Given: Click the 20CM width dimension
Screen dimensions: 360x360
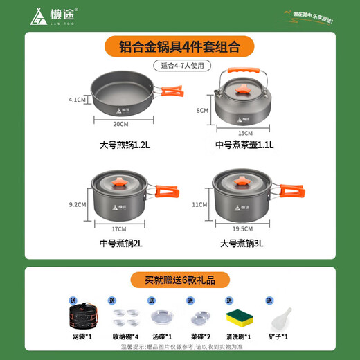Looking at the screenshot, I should (121, 123).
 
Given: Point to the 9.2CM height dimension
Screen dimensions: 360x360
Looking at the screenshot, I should (77, 204).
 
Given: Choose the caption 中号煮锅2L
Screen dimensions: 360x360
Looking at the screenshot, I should (122, 243).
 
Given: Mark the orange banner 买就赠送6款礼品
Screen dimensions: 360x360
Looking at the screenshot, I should (179, 280).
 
